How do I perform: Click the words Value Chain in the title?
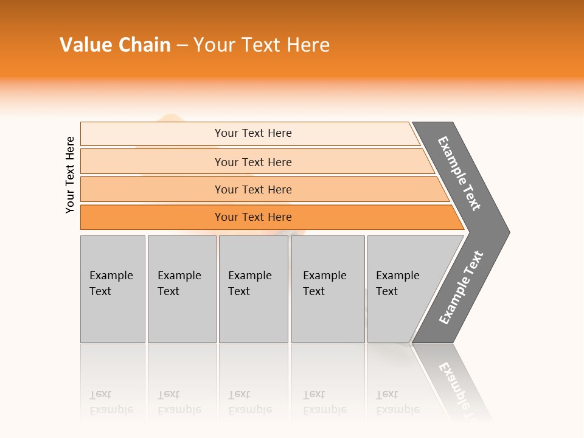click(x=115, y=45)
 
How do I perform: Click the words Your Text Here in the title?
click(x=262, y=45)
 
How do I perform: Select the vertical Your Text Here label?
click(x=71, y=175)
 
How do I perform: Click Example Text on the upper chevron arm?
click(x=459, y=173)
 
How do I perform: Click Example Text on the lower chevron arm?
click(x=461, y=287)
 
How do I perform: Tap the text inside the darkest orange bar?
click(x=253, y=217)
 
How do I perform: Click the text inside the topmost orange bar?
click(x=253, y=133)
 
